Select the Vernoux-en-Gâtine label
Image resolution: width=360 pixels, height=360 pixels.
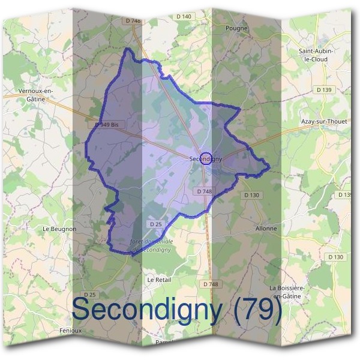point(36,95)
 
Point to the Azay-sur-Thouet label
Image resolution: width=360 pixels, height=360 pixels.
point(324,121)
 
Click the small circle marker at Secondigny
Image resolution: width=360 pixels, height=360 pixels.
point(205,158)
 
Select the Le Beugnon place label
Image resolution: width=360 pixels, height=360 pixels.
point(59,229)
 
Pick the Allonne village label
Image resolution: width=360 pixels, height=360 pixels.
point(266,229)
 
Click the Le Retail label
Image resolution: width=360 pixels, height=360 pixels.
point(160,280)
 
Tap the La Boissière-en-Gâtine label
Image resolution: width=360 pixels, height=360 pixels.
point(289,292)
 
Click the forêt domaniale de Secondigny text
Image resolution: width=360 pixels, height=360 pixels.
point(151,245)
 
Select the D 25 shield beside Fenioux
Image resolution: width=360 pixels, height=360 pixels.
point(90,295)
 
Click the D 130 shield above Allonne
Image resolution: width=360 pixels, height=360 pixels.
point(252,195)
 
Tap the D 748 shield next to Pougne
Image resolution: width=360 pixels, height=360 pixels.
point(133,21)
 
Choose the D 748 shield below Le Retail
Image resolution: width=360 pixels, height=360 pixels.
point(211,284)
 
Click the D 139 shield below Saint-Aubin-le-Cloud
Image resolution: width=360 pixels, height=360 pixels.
point(323,90)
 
